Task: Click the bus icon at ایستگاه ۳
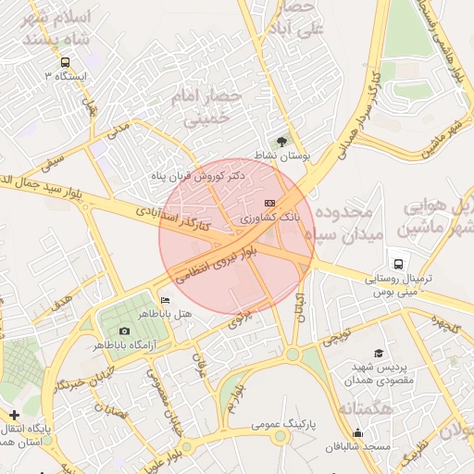click(x=63, y=62)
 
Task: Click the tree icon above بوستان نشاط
click(x=281, y=141)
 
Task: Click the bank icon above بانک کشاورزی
click(x=269, y=202)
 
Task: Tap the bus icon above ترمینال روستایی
click(x=399, y=262)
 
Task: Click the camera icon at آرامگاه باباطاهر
click(x=124, y=331)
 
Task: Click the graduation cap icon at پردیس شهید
click(x=378, y=354)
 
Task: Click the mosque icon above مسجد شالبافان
click(x=358, y=432)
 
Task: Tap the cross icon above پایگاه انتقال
click(x=13, y=415)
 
